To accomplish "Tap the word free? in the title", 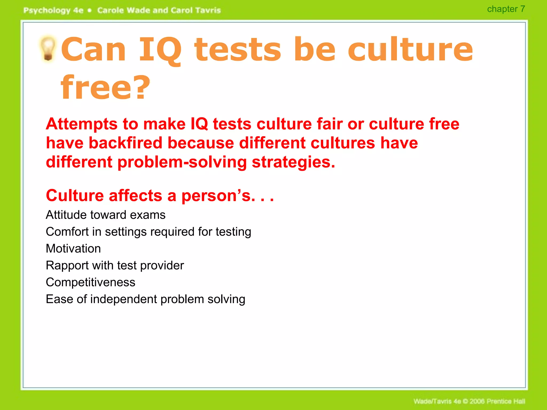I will pos(106,88).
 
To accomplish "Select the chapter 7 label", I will pos(506,9).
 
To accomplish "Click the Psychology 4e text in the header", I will pos(53,10).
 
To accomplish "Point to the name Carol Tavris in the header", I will pos(196,10).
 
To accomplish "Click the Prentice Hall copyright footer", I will pos(469,401).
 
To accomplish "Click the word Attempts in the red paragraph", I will pos(81,124).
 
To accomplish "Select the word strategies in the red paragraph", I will pos(293,162).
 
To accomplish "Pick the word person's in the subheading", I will pos(216,196).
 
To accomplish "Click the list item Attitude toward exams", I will pos(106,215).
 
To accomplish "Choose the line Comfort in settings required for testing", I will pos(148,232).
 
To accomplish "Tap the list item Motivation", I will pos(73,249).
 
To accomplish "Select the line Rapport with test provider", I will pos(115,265).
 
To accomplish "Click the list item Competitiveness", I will pos(91,282).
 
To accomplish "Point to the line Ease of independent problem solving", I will pos(145,299).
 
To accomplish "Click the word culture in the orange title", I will pos(410,50).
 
